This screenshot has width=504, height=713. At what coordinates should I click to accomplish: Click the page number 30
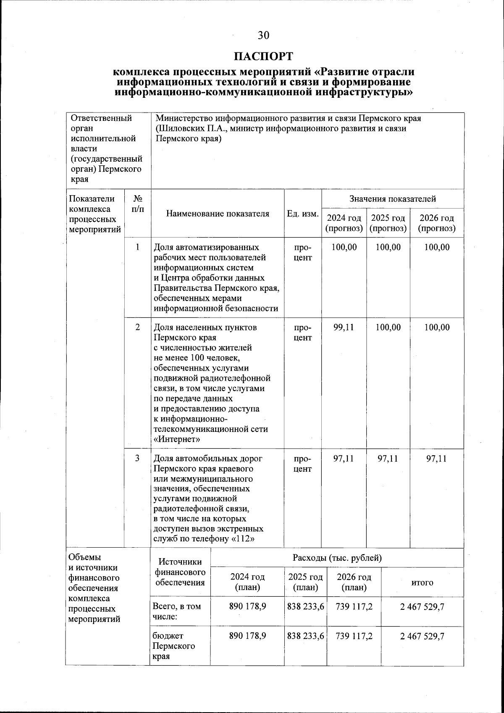(263, 35)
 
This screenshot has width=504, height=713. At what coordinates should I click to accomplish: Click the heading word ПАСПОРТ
(263, 56)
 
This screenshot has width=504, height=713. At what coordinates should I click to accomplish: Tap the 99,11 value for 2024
(344, 327)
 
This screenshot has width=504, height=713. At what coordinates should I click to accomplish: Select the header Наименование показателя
(218, 214)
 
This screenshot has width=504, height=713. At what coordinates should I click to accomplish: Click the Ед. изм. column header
(302, 214)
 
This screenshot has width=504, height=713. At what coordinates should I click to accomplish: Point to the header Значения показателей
(393, 199)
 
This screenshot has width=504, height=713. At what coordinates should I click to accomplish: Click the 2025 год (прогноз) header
(388, 223)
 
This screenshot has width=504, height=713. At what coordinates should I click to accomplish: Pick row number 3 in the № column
(137, 458)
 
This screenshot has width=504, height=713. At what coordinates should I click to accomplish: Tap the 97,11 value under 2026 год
(436, 459)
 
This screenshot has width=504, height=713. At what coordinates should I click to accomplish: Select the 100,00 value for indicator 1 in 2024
(344, 247)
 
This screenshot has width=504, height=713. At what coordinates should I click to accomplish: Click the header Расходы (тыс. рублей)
(337, 558)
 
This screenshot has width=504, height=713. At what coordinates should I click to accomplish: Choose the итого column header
(422, 582)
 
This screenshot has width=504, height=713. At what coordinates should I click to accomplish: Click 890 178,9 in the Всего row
(247, 606)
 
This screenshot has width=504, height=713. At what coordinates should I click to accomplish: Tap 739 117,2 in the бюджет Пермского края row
(354, 636)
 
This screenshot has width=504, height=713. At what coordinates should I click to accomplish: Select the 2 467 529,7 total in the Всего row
(422, 607)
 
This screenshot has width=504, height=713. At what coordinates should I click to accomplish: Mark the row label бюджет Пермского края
(173, 646)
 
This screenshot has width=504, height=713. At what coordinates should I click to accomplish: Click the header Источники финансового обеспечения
(180, 572)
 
